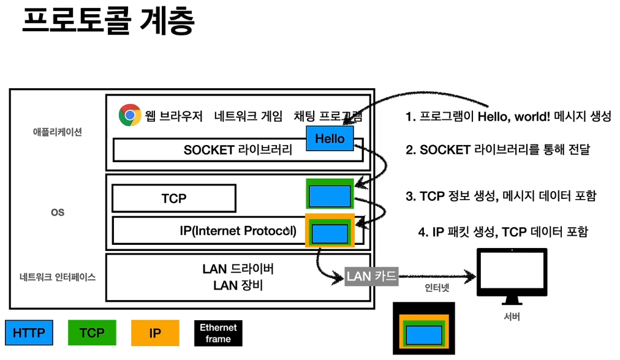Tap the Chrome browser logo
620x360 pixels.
130,115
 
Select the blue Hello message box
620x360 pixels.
330,139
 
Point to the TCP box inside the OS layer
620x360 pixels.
174,198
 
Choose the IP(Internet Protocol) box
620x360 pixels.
238,230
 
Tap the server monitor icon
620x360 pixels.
511,274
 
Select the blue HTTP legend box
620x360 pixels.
29,333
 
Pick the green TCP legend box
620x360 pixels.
91,333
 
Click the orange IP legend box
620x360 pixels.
155,333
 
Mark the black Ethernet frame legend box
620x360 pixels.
218,333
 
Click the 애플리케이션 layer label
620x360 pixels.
58,132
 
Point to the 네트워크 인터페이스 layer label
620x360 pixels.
58,277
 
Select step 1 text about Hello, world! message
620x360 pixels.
508,116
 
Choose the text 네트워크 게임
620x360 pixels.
249,116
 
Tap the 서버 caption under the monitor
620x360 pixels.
511,317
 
